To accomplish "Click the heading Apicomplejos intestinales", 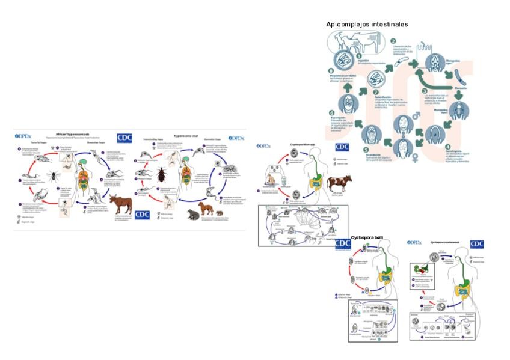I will click(x=367, y=25).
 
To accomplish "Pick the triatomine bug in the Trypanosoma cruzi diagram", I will click(x=163, y=176).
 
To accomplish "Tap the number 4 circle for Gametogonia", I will click(x=447, y=146).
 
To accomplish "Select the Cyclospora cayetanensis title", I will click(x=446, y=243).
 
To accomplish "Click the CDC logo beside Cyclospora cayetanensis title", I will click(x=476, y=245).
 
